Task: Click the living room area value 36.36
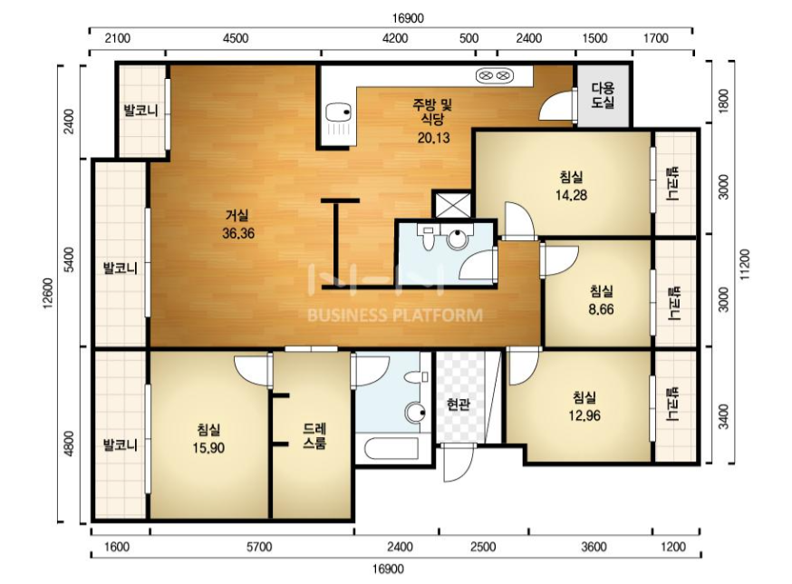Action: point(238,233)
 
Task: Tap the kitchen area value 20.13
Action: point(433,138)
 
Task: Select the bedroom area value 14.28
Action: point(571,195)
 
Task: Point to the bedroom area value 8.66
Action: point(601,308)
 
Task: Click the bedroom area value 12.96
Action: point(584,415)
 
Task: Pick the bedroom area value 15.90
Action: point(208,447)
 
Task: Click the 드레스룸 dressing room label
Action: point(314,436)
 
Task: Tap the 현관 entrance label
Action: point(459,404)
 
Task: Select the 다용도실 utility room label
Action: point(604,95)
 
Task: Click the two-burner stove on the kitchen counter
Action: point(494,76)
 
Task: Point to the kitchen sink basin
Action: point(337,112)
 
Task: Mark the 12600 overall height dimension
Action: point(49,294)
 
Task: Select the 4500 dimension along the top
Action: point(236,38)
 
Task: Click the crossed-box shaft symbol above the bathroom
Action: point(452,204)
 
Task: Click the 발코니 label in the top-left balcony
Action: point(141,111)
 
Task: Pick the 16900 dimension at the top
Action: point(407,18)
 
